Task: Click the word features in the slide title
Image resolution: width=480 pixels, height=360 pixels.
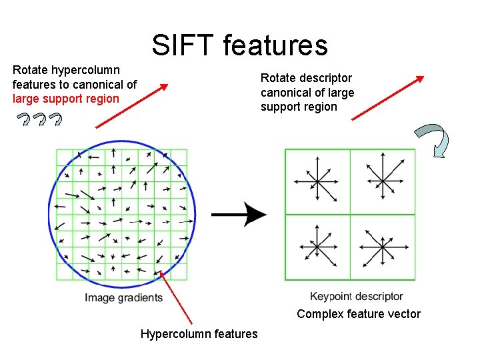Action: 275,45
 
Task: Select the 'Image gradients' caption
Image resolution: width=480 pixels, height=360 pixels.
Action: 124,298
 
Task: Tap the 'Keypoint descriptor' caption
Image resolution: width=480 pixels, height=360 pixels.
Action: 357,297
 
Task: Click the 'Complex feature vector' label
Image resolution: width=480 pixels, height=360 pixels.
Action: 359,314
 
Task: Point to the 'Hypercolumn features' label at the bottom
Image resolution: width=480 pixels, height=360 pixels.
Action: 199,334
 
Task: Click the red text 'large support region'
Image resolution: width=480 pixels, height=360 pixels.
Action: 65,99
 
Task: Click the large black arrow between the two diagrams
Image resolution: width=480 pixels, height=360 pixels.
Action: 240,215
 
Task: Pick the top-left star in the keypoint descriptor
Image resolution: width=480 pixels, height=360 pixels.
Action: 317,180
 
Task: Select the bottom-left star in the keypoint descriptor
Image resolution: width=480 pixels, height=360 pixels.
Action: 317,247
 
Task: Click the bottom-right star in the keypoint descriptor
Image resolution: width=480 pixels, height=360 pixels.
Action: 382,247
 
